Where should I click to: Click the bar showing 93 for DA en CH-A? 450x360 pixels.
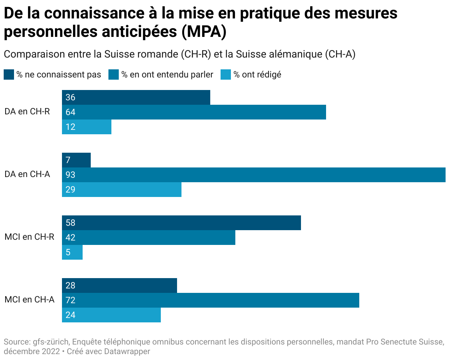pyautogui.click(x=254, y=175)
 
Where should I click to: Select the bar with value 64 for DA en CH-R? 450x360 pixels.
pyautogui.click(x=194, y=112)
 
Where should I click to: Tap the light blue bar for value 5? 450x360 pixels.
pyautogui.click(x=72, y=252)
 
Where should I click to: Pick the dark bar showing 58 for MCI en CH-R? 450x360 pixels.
pyautogui.click(x=181, y=223)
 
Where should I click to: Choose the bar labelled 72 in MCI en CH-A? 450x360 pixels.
pyautogui.click(x=211, y=300)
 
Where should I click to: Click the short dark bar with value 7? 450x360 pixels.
pyautogui.click(x=76, y=160)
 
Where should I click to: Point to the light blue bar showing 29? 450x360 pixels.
pyautogui.click(x=122, y=190)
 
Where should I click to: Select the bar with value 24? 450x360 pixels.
pyautogui.click(x=111, y=315)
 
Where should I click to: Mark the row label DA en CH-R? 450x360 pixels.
pyautogui.click(x=27, y=112)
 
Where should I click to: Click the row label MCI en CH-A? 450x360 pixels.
pyautogui.click(x=30, y=300)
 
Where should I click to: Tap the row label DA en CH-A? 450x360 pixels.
pyautogui.click(x=27, y=174)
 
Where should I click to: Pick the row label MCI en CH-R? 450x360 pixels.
pyautogui.click(x=30, y=237)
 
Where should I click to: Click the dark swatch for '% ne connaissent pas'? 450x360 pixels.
pyautogui.click(x=9, y=75)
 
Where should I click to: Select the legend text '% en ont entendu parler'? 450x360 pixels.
pyautogui.click(x=167, y=75)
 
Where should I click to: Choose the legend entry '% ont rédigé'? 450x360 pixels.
pyautogui.click(x=257, y=75)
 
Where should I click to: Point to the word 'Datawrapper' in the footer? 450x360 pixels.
pyautogui.click(x=127, y=352)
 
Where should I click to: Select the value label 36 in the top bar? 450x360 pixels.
pyautogui.click(x=70, y=97)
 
